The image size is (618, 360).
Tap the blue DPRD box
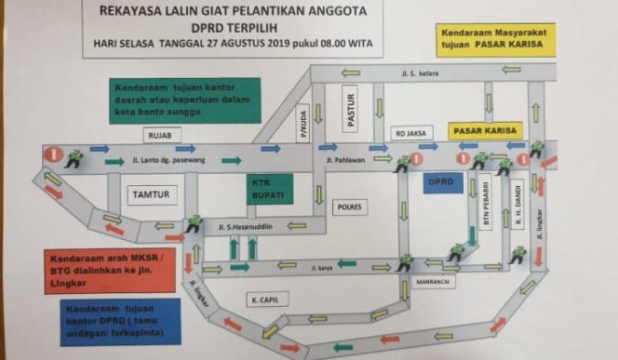(x=439, y=183)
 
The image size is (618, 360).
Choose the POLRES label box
(x=350, y=207)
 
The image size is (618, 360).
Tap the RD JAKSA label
(x=410, y=132)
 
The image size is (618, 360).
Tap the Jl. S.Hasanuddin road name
(x=249, y=226)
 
